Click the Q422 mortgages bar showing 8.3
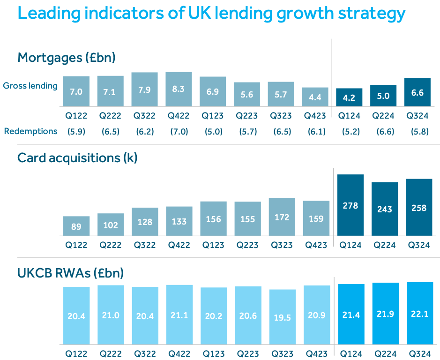click(179, 89)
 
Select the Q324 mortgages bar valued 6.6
click(418, 92)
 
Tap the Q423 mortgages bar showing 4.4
click(315, 97)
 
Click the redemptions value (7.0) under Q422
click(179, 132)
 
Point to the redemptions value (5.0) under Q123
click(213, 132)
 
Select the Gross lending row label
click(30, 86)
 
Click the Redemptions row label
click(30, 131)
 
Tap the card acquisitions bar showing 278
click(351, 205)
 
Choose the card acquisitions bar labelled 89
click(76, 226)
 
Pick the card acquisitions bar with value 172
click(282, 217)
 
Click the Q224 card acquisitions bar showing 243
click(385, 209)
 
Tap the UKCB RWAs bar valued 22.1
click(419, 313)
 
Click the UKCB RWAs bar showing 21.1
click(179, 315)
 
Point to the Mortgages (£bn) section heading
click(66, 58)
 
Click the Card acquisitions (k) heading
click(77, 158)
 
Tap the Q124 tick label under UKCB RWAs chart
click(350, 353)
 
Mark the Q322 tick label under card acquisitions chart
click(144, 245)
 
